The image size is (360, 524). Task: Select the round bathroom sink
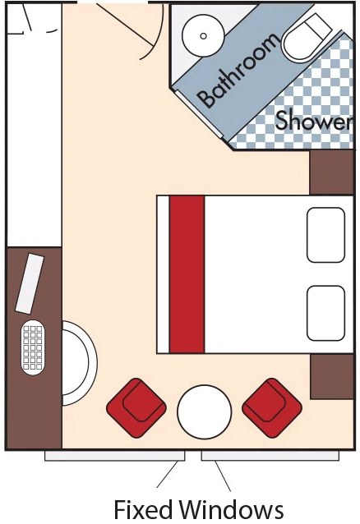click(198, 34)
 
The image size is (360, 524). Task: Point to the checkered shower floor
click(321, 90)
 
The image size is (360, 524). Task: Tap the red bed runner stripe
click(187, 273)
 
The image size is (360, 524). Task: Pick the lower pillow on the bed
click(325, 312)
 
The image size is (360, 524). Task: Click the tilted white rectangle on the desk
click(30, 283)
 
